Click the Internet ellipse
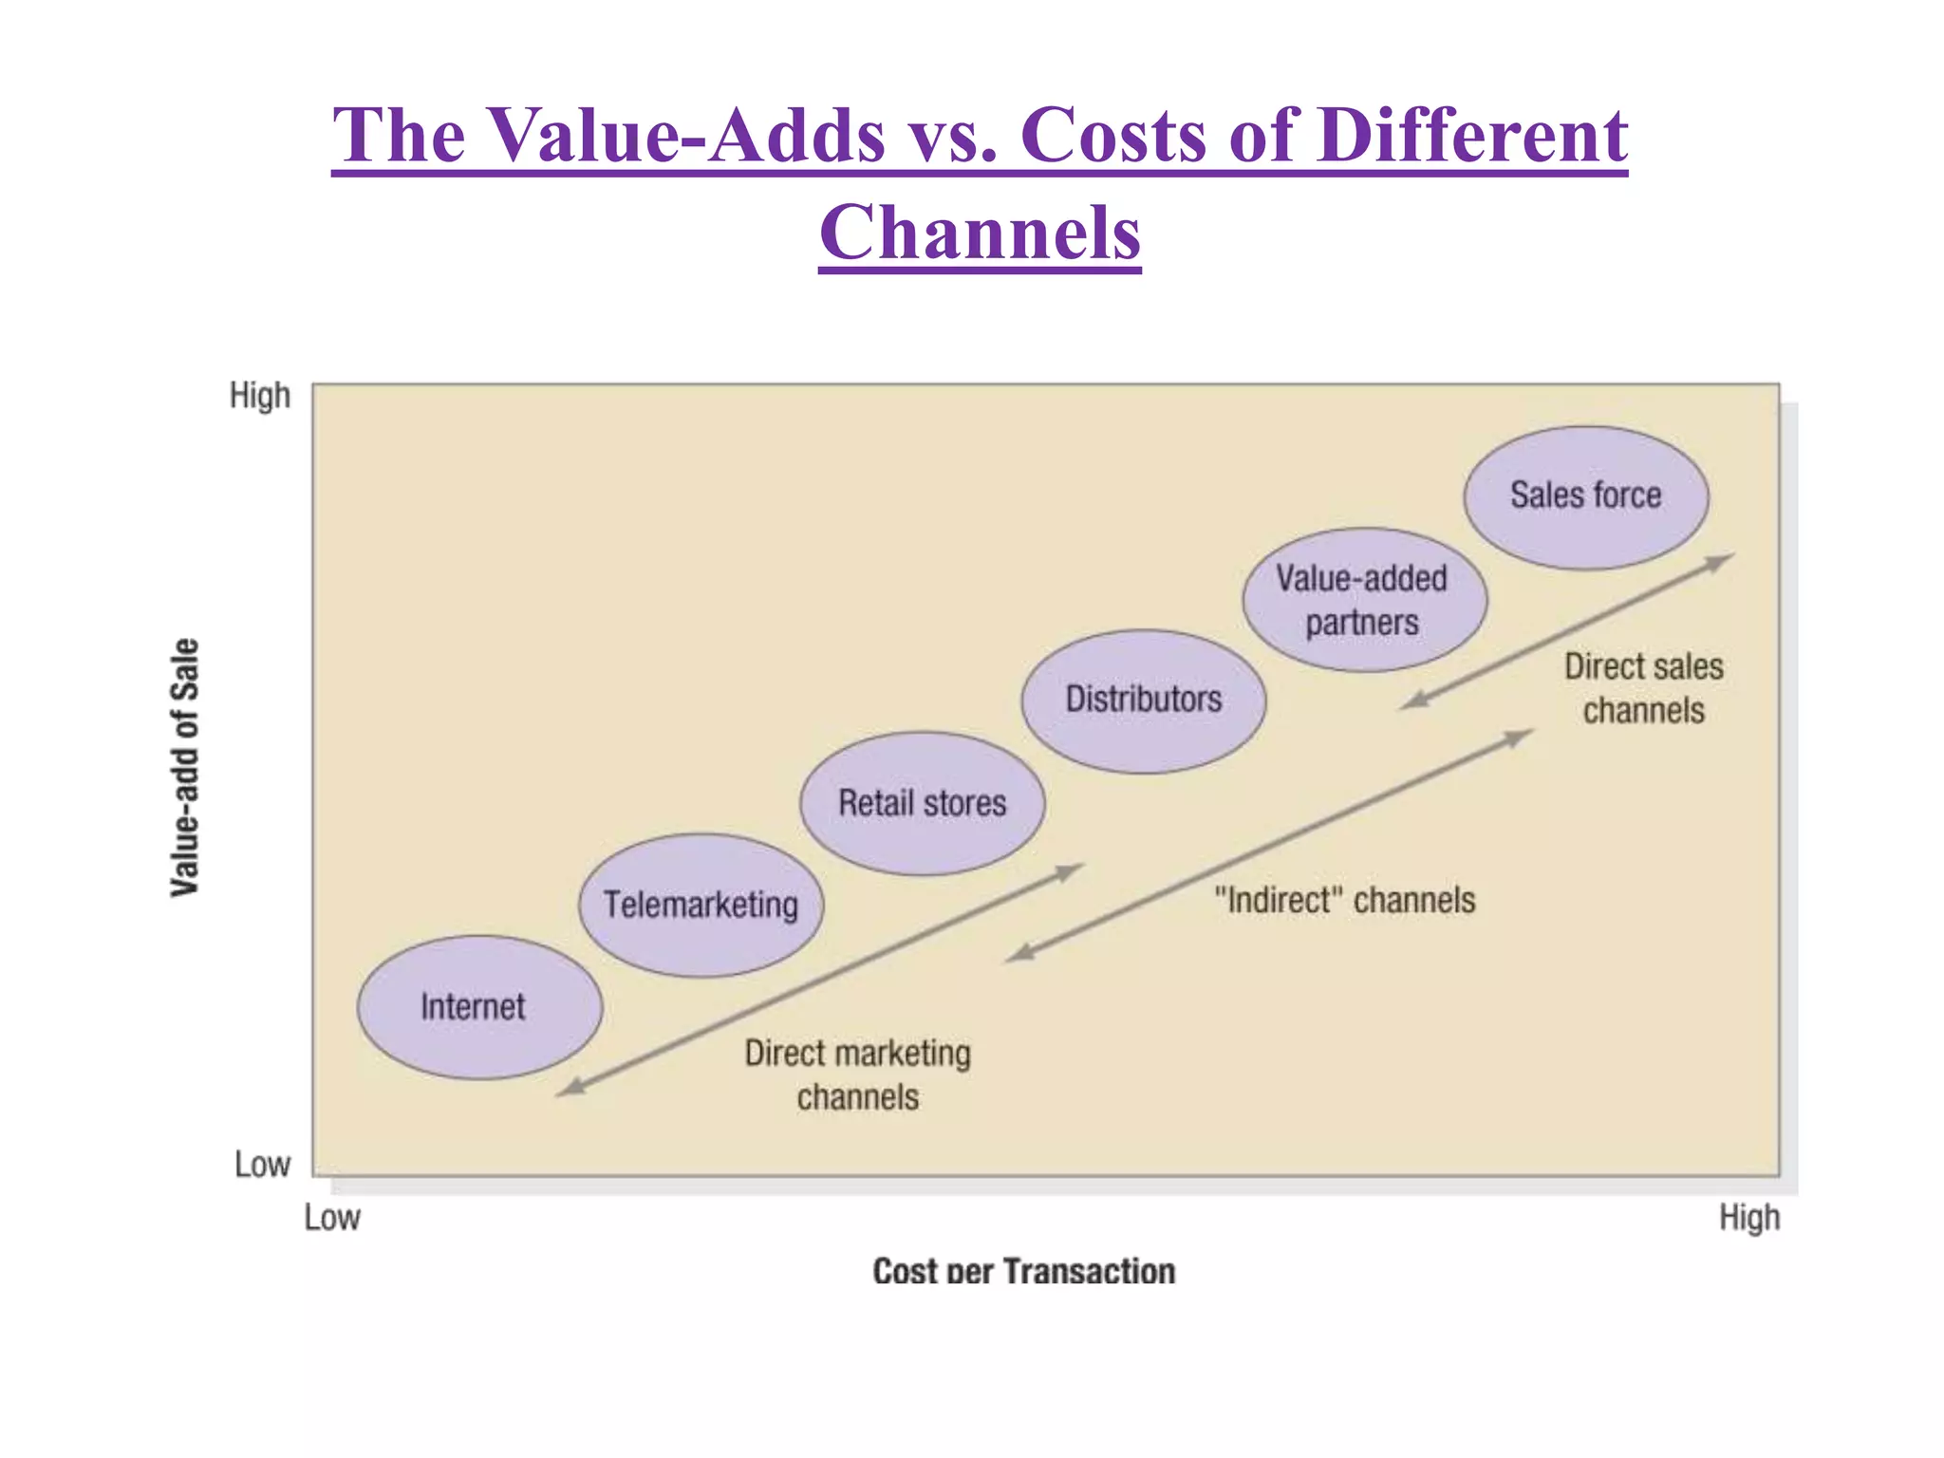[x=479, y=1007]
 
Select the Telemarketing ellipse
[x=701, y=905]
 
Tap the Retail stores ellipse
[x=922, y=803]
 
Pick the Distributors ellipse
[x=1143, y=701]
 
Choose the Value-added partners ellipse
[x=1364, y=600]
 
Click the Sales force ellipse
[x=1585, y=496]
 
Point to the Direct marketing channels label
[x=857, y=1075]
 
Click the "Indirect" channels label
[x=1345, y=900]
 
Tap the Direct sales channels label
[x=1643, y=688]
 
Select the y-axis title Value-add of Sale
[x=185, y=767]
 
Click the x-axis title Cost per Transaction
[x=1023, y=1270]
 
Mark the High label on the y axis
[x=259, y=395]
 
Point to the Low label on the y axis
[x=262, y=1164]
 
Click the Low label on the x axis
[x=331, y=1217]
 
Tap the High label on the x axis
[x=1748, y=1217]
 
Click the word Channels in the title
[x=980, y=234]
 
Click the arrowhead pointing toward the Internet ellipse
[x=570, y=1088]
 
